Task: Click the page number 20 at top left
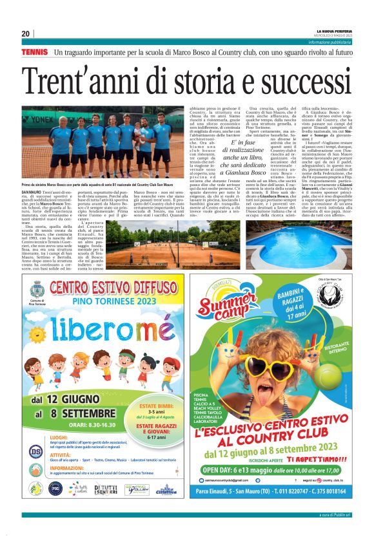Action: coord(25,33)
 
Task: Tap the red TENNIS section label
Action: coord(34,51)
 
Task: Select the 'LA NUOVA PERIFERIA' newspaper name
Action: coord(333,31)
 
